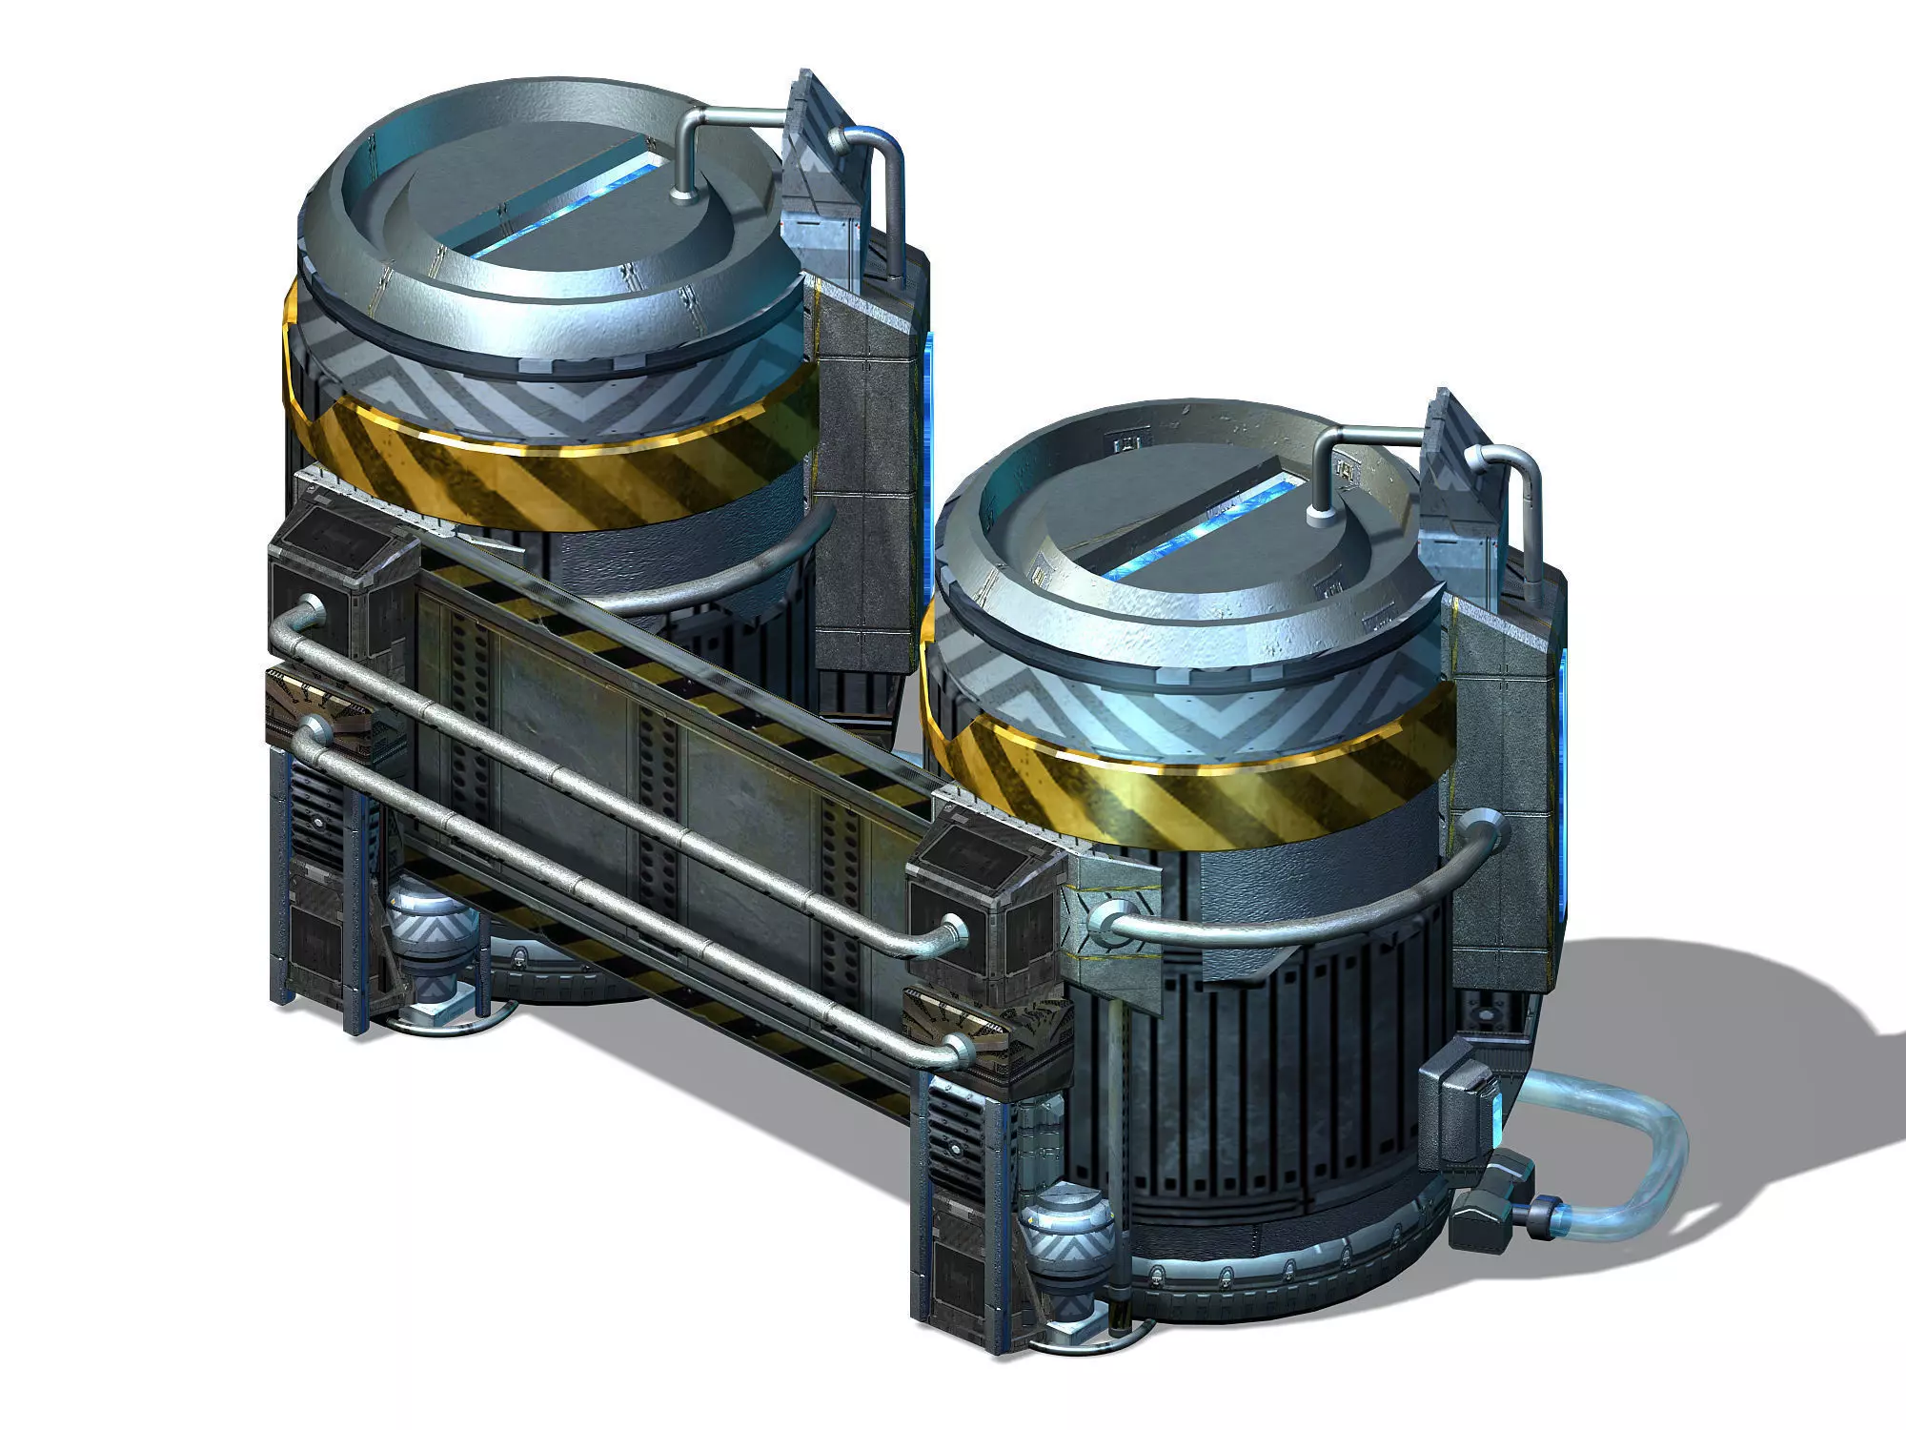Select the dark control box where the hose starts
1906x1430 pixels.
click(x=1458, y=1106)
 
